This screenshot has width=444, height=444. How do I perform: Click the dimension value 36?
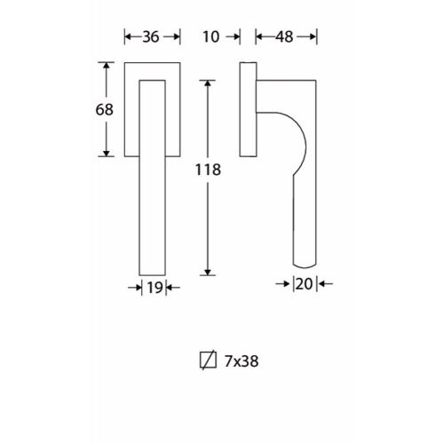[x=151, y=37]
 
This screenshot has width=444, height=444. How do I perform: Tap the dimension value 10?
[x=211, y=37]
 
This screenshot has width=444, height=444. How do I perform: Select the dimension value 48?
[x=284, y=37]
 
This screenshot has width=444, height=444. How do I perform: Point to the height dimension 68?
[x=105, y=109]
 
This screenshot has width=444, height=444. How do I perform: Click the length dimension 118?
[x=208, y=170]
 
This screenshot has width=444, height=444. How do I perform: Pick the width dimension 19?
[x=155, y=288]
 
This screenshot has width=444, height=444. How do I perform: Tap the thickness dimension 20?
[x=305, y=284]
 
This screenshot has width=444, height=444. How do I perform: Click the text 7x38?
[x=242, y=361]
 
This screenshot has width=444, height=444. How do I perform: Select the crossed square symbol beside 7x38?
[x=208, y=361]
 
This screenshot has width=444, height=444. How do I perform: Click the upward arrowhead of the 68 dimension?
[x=107, y=66]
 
